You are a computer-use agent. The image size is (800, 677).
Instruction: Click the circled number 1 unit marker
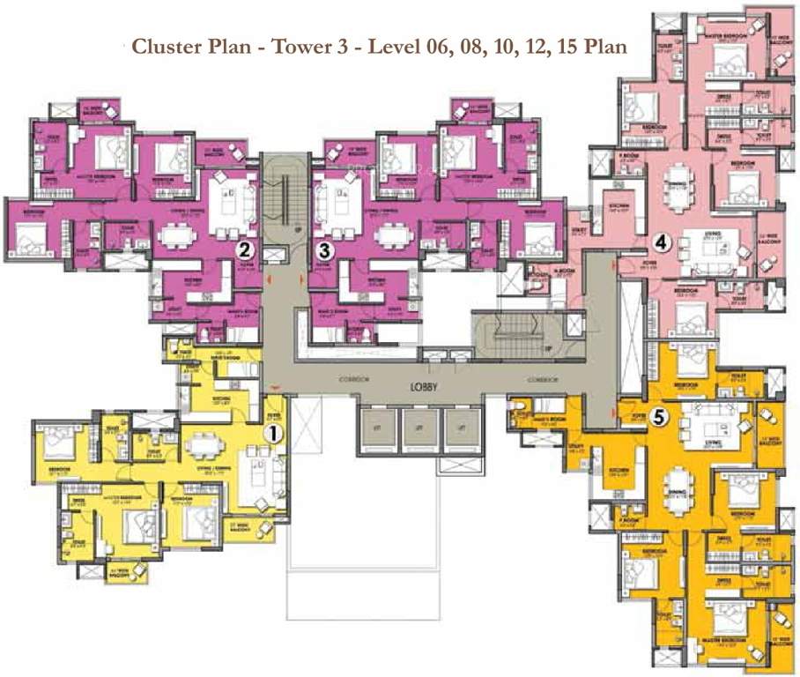(274, 433)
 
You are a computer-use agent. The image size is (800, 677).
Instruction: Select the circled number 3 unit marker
(325, 250)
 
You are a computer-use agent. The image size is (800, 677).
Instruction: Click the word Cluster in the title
(165, 46)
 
